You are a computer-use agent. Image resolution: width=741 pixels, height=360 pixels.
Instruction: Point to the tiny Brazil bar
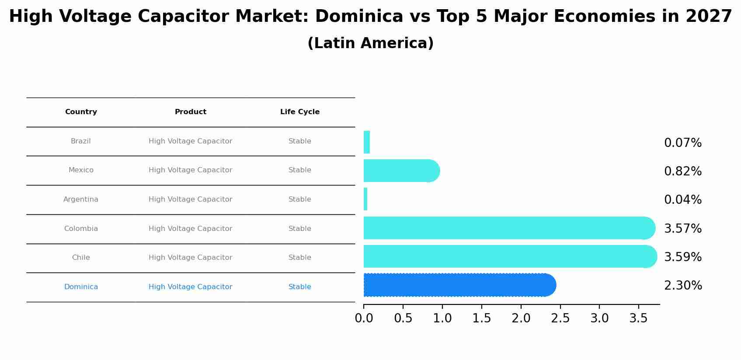click(367, 142)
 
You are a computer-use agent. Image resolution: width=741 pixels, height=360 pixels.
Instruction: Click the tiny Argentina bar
click(365, 199)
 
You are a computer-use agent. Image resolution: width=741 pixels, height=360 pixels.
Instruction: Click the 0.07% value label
click(682, 143)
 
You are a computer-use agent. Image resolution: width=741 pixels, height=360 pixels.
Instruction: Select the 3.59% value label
click(682, 257)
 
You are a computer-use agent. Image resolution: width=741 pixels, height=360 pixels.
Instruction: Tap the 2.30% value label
click(683, 286)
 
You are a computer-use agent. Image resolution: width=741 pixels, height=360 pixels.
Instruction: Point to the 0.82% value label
click(682, 171)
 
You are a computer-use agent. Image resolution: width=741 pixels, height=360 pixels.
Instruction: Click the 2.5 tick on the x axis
click(560, 318)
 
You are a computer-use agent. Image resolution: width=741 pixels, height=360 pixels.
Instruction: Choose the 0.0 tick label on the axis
click(364, 318)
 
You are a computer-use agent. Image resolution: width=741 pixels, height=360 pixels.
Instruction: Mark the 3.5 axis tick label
click(638, 318)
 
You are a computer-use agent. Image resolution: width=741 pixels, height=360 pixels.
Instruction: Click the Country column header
click(81, 112)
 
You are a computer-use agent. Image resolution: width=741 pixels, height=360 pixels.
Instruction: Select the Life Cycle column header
click(300, 112)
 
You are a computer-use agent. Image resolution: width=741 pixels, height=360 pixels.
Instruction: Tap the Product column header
click(191, 112)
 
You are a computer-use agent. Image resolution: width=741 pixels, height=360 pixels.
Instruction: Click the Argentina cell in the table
click(81, 199)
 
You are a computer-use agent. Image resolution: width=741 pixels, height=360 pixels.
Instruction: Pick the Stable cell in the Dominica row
click(300, 287)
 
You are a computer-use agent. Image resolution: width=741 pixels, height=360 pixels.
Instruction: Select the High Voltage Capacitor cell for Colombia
click(191, 229)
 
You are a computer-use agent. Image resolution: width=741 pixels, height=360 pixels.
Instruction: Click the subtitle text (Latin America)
click(370, 43)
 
